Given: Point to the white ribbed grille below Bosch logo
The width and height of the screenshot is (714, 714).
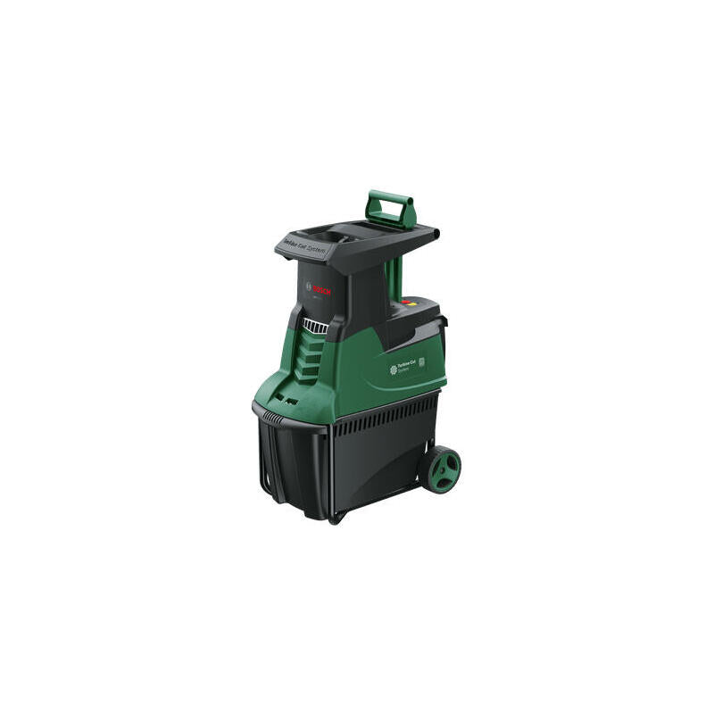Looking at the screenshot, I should pos(314,327).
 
